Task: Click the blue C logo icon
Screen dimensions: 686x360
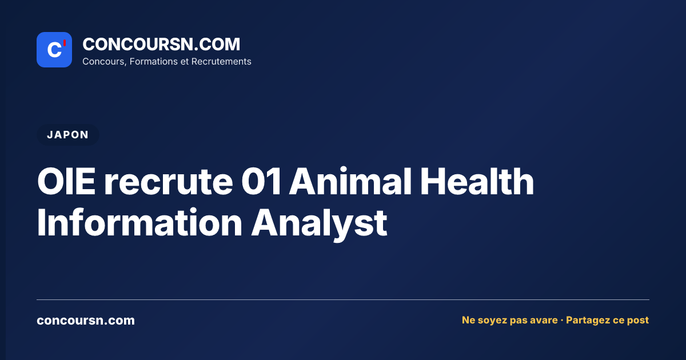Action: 54,50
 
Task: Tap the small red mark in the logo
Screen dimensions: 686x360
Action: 65,43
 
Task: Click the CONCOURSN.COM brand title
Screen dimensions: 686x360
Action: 161,44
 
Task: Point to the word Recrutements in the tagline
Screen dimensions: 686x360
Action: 221,62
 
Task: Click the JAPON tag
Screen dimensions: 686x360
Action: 67,135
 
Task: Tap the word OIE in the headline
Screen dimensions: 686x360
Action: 66,181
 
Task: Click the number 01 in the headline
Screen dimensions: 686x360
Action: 261,181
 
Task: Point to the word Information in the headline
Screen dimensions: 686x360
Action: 139,222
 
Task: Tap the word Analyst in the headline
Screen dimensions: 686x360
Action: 319,225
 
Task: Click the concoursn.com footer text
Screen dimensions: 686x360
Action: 86,321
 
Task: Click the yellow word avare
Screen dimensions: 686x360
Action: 544,320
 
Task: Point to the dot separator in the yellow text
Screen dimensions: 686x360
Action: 561,321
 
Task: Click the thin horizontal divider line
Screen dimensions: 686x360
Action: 343,299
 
